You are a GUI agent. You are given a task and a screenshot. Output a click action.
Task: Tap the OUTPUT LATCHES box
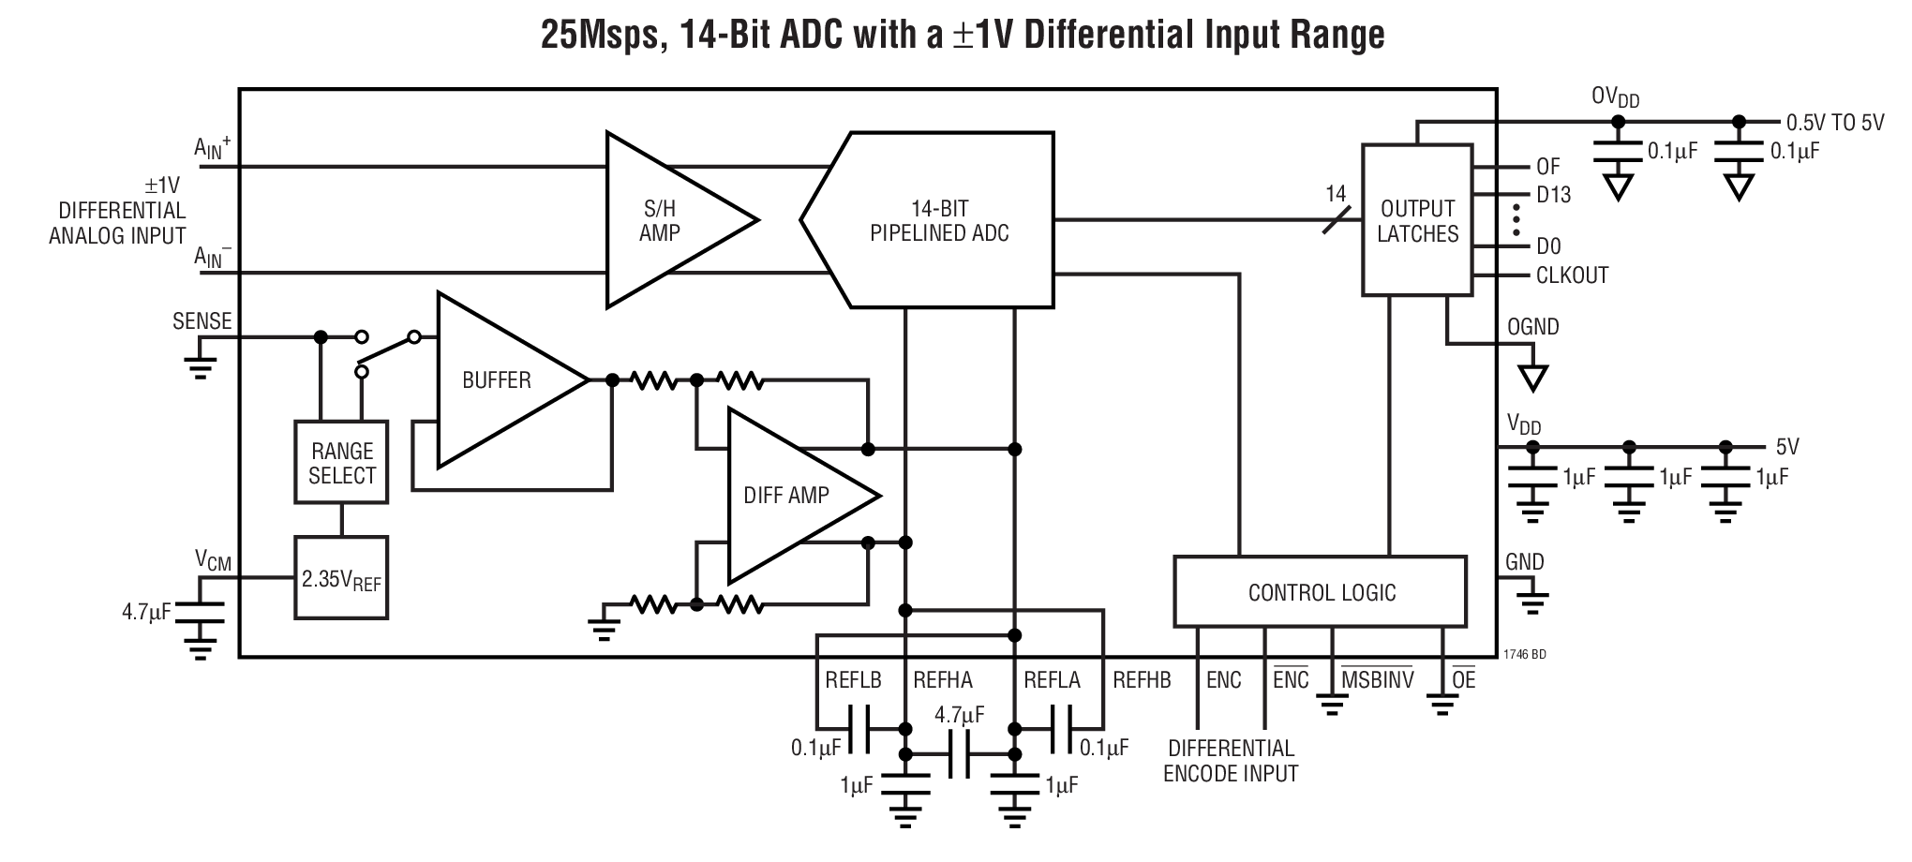pyautogui.click(x=1417, y=221)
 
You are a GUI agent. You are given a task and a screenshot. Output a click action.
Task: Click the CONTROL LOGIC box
pyautogui.click(x=1321, y=592)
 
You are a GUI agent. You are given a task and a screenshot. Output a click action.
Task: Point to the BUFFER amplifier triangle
pyautogui.click(x=497, y=379)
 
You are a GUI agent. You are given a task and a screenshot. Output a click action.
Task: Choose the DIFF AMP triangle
pyautogui.click(x=787, y=495)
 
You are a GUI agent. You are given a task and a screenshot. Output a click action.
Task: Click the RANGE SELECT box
pyautogui.click(x=341, y=463)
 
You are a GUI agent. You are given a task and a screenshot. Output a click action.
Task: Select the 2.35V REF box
pyautogui.click(x=341, y=579)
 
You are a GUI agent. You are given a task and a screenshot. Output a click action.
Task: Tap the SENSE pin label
pyautogui.click(x=202, y=321)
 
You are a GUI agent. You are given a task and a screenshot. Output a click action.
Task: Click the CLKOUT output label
pyautogui.click(x=1572, y=275)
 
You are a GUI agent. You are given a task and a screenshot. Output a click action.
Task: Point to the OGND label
pyautogui.click(x=1532, y=327)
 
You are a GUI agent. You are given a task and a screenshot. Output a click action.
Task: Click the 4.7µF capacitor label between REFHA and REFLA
pyautogui.click(x=959, y=715)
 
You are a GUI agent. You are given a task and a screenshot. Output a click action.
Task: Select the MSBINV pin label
pyautogui.click(x=1376, y=680)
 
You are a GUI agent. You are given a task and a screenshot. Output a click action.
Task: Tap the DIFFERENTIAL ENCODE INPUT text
pyautogui.click(x=1231, y=761)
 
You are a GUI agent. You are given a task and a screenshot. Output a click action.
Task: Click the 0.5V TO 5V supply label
pyautogui.click(x=1834, y=123)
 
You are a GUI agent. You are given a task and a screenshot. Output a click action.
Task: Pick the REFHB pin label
pyautogui.click(x=1142, y=680)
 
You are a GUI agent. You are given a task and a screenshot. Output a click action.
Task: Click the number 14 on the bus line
pyautogui.click(x=1336, y=194)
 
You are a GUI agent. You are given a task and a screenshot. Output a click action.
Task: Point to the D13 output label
pyautogui.click(x=1553, y=195)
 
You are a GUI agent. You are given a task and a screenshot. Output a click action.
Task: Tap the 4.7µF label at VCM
pyautogui.click(x=146, y=613)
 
